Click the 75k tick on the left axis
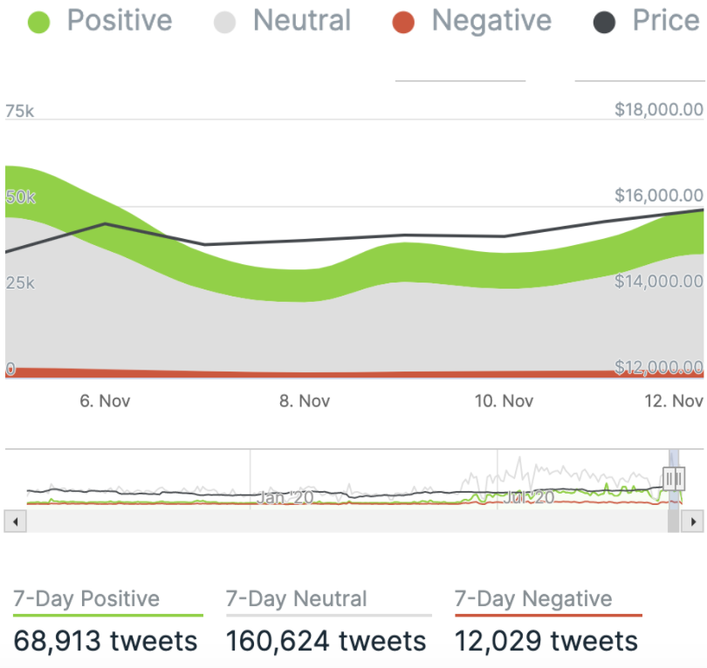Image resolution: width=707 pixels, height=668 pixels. (20, 111)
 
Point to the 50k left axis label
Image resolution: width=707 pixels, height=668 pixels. (20, 198)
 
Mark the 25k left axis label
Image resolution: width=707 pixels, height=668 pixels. (20, 283)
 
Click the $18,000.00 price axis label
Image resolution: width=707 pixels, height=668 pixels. (659, 110)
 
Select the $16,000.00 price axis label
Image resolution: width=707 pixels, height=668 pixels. (659, 195)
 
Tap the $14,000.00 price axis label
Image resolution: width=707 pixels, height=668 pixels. (659, 282)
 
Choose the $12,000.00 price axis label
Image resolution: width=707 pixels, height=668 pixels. (659, 367)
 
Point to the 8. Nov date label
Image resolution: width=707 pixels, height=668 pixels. (305, 401)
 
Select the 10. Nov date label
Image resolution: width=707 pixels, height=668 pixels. (505, 401)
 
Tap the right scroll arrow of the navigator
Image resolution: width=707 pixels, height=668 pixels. (692, 521)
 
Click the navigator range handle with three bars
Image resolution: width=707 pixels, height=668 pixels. (674, 478)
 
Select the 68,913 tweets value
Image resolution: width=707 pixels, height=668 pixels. (106, 642)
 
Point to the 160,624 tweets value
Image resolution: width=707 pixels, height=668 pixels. (326, 642)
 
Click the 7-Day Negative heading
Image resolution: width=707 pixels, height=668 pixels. (533, 600)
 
